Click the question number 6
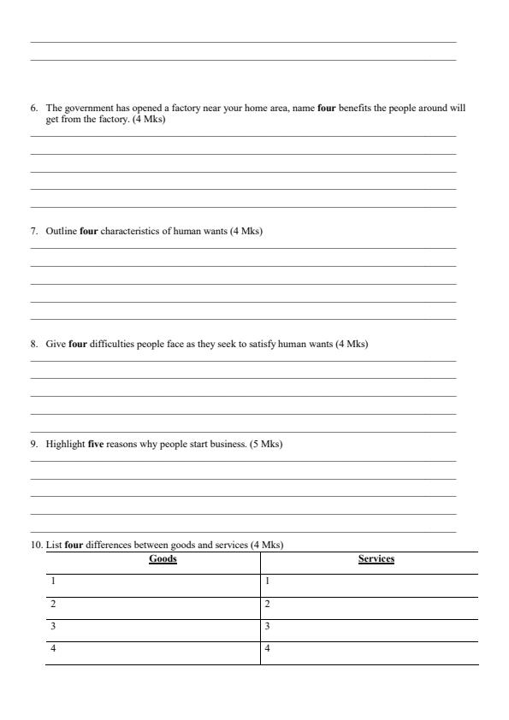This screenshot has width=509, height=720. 33,109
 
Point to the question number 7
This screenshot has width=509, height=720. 33,232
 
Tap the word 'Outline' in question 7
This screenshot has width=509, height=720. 61,232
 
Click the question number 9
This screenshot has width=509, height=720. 33,445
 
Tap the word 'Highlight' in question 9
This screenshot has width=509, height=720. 65,445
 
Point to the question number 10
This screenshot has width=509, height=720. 36,545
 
